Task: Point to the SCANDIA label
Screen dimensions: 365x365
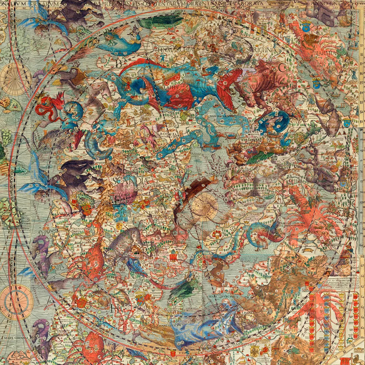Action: [130, 181]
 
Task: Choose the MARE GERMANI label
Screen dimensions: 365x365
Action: [16, 338]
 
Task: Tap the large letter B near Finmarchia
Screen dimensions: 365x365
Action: [119, 63]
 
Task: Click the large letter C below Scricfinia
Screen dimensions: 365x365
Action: [281, 68]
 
